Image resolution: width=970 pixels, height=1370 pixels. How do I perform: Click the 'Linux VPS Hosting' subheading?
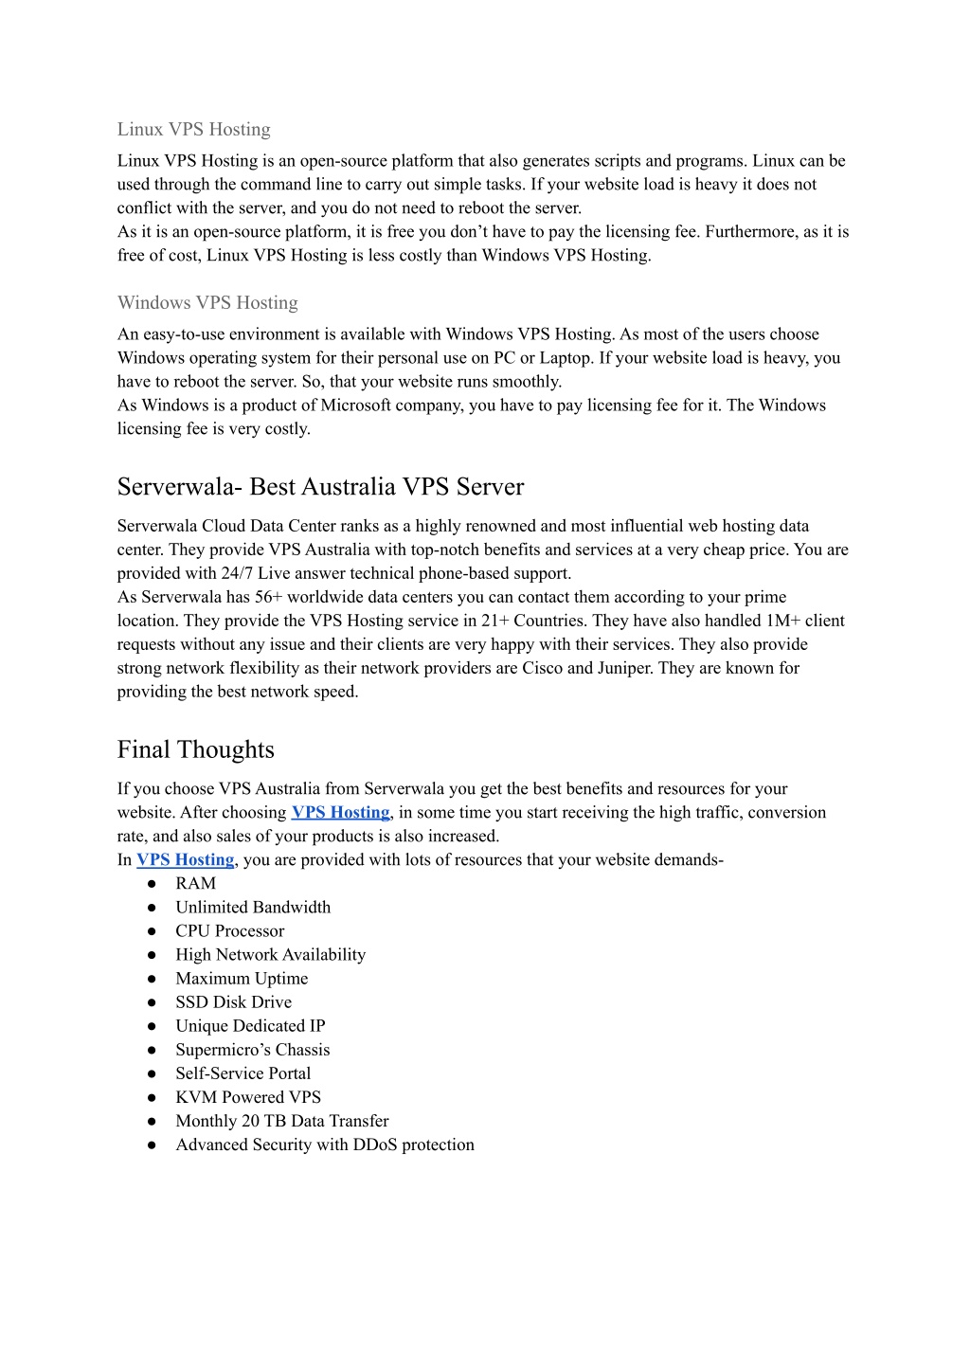coord(193,130)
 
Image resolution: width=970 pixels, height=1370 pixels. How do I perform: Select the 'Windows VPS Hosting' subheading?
coord(207,303)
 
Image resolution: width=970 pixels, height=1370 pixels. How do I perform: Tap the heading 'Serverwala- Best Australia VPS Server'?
coord(320,487)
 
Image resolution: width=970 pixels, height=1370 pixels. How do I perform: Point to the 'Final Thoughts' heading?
coord(195,750)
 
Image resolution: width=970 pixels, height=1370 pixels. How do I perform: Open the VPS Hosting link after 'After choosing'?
coord(340,813)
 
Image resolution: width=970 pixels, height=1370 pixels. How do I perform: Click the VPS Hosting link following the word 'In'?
coord(185,860)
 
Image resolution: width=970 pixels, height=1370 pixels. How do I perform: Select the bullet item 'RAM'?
coord(195,884)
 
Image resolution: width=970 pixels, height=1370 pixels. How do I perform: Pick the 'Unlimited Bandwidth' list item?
coord(253,908)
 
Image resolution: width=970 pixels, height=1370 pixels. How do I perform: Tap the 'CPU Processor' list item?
coord(229,931)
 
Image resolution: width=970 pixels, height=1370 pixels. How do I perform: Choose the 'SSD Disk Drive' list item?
coord(233,1002)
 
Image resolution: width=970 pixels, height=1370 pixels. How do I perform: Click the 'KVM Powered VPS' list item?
coord(248,1097)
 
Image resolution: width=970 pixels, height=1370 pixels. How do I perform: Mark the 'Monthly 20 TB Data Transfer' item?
coord(281,1121)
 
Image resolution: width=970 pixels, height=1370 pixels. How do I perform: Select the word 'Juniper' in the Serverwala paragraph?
coord(625,669)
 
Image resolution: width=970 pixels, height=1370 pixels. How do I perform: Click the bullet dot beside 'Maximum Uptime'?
coord(152,979)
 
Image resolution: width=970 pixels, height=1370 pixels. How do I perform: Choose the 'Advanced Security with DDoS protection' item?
coord(324,1145)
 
